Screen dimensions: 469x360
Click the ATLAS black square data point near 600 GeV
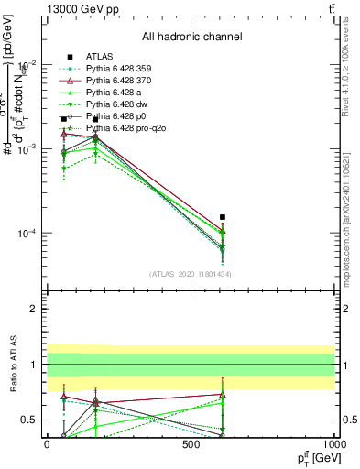tap(222, 217)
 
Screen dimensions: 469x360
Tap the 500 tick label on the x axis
tap(191, 445)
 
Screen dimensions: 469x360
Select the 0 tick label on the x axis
tap(47, 445)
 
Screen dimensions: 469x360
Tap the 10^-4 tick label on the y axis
tap(25, 234)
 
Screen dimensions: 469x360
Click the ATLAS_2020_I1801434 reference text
tap(191, 274)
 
